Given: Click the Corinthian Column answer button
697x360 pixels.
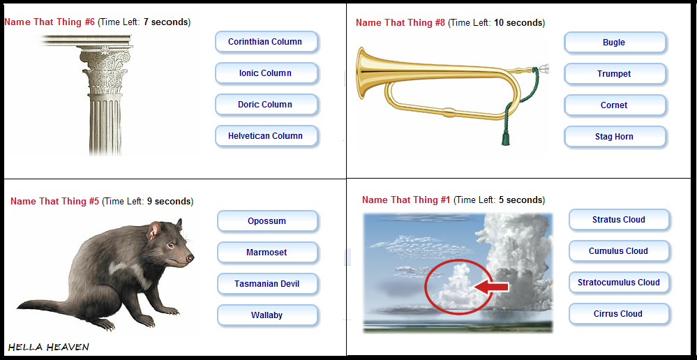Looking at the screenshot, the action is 267,42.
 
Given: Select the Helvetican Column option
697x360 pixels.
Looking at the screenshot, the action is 267,136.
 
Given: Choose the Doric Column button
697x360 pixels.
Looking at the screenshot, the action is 267,105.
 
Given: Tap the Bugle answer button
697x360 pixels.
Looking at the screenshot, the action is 615,43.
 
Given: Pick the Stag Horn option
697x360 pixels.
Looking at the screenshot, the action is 615,137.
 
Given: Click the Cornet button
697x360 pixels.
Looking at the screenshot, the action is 615,105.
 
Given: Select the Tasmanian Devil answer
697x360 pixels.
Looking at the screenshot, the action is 268,284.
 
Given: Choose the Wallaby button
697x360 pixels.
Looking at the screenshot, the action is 268,315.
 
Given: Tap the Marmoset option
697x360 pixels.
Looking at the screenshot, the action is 268,253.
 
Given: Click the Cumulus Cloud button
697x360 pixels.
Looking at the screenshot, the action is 619,251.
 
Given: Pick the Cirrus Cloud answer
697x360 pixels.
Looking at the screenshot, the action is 619,314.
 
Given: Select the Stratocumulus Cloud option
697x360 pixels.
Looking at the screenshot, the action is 619,283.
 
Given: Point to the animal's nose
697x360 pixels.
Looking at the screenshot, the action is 190,257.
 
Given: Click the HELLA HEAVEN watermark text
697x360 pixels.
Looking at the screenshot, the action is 49,347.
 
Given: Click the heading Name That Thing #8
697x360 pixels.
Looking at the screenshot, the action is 400,22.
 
